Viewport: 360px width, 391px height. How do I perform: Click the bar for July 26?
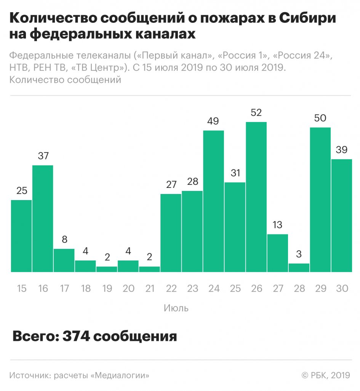(256, 197)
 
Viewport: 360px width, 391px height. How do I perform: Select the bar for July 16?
(43, 219)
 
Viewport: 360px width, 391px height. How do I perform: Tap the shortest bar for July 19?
(107, 269)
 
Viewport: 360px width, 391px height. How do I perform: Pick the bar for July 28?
(299, 268)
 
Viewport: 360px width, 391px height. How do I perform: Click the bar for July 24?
(213, 201)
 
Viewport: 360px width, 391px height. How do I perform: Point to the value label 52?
(256, 113)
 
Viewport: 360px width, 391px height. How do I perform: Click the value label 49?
(213, 121)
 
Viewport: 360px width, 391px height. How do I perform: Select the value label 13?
(278, 225)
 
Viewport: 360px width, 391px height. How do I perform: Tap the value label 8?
(64, 240)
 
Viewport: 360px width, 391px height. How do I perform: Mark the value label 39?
(342, 150)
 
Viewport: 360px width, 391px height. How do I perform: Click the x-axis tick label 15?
(21, 288)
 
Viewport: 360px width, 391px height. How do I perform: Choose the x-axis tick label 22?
(171, 288)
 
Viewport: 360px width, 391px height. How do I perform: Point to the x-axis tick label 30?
(342, 288)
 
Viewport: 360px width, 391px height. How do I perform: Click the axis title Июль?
(176, 308)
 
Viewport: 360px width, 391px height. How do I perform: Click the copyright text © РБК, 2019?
(326, 375)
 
